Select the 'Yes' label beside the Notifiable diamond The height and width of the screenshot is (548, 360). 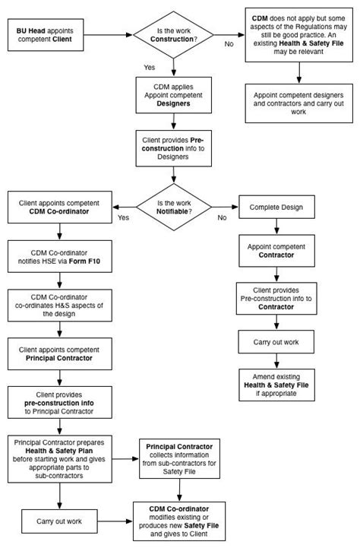click(123, 218)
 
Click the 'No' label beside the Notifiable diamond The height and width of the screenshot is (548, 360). click(222, 218)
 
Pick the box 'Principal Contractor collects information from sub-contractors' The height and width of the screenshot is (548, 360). click(179, 455)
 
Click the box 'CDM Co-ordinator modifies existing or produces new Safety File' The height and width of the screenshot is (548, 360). click(179, 522)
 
